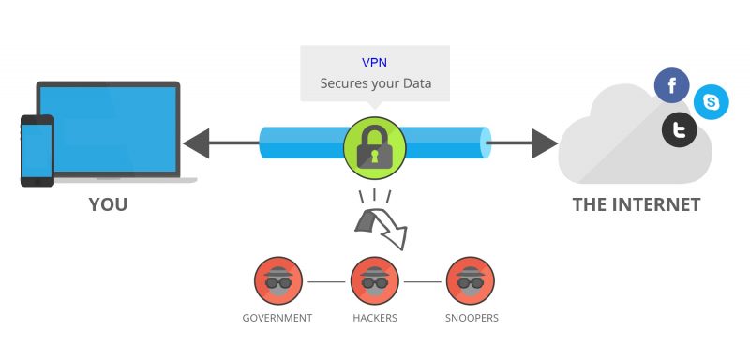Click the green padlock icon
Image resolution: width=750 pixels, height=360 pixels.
tap(374, 145)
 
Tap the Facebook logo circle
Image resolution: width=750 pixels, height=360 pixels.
tap(671, 87)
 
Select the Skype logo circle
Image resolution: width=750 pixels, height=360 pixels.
tap(712, 102)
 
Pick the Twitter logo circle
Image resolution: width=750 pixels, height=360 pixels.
tap(679, 130)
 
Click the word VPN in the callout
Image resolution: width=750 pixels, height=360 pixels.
tap(374, 63)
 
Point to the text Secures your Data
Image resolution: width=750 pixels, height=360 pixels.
tap(374, 84)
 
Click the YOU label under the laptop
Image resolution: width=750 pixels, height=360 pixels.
tap(108, 204)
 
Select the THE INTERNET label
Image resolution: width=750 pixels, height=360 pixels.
tap(637, 204)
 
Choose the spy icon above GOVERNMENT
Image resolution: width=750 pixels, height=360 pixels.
tap(276, 280)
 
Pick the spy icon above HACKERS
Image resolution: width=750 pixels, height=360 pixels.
tap(374, 280)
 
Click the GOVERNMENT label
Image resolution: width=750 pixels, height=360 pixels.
tap(276, 318)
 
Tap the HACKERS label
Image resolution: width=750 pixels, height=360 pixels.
tap(374, 318)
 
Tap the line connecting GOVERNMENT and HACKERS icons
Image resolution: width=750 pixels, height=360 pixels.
tap(324, 280)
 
